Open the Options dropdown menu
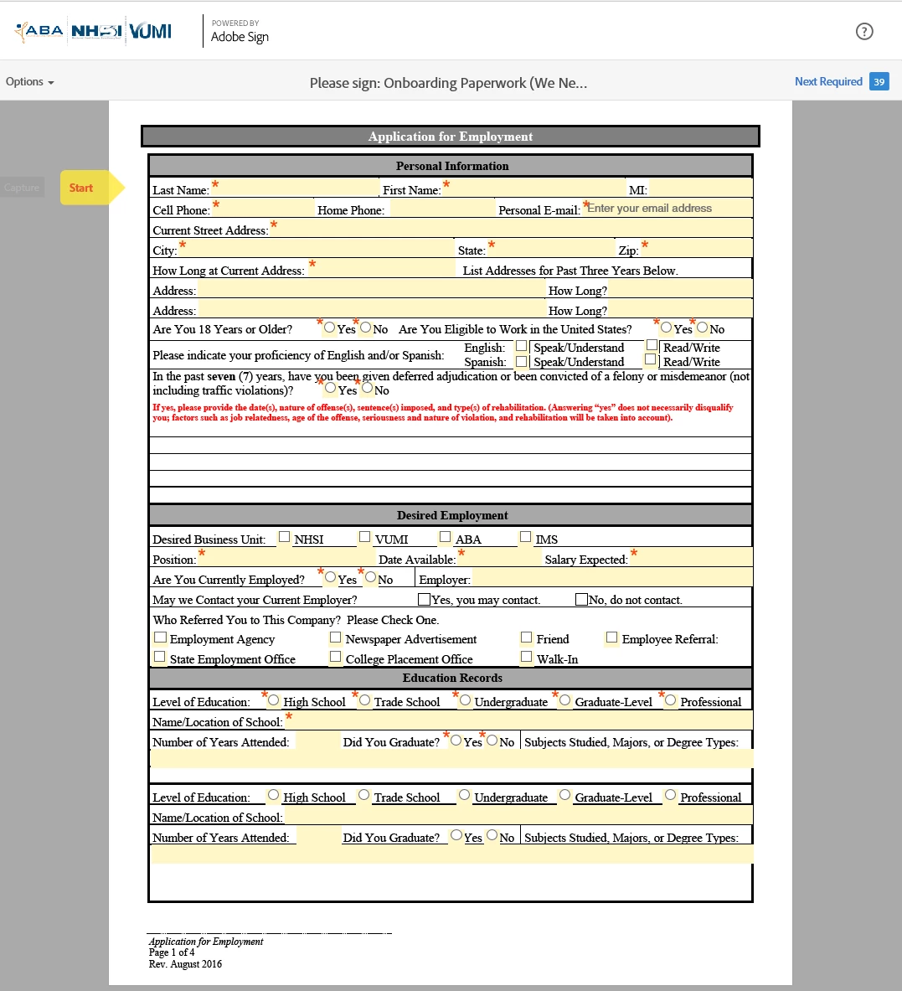pos(29,82)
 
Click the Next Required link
pos(827,81)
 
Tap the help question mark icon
pos(864,32)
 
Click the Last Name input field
pos(295,188)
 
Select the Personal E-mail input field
pos(667,209)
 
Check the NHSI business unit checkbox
pos(285,537)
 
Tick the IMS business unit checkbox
pos(526,537)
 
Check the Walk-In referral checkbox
pos(527,658)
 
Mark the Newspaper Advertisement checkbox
pos(336,637)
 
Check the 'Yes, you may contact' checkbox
pos(425,599)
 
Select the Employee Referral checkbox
pos(612,637)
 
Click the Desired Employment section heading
pos(451,515)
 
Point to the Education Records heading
pos(451,678)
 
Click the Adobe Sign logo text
pos(240,37)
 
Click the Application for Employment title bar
pos(451,137)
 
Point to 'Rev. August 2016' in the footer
pos(186,964)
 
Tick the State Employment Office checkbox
pos(160,658)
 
